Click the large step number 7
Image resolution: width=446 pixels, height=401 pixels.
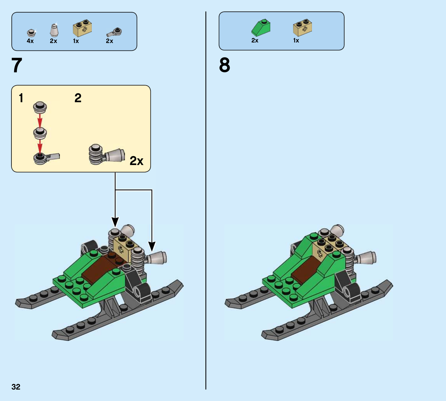[x=17, y=65]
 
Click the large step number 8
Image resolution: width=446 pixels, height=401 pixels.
[x=225, y=65]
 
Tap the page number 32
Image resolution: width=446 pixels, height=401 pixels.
[x=16, y=387]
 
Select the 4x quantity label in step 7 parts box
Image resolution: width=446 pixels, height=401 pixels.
[x=30, y=41]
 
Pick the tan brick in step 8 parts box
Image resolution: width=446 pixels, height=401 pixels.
[x=302, y=27]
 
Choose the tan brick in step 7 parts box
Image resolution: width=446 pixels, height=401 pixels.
[x=83, y=28]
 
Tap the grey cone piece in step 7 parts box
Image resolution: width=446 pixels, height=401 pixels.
[x=54, y=30]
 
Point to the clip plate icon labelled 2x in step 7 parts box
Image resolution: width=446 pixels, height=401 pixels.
[x=114, y=32]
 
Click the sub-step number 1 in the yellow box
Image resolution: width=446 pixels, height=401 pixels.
[x=21, y=98]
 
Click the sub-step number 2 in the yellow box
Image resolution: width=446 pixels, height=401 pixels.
[x=78, y=98]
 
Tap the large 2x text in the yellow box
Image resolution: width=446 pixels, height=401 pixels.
[x=136, y=161]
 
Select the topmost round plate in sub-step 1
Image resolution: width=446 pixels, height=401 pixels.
[x=40, y=107]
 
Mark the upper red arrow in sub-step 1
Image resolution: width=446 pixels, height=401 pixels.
[x=40, y=120]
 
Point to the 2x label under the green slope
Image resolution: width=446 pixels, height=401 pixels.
[x=255, y=40]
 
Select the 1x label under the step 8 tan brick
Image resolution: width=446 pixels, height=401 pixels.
[x=296, y=40]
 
